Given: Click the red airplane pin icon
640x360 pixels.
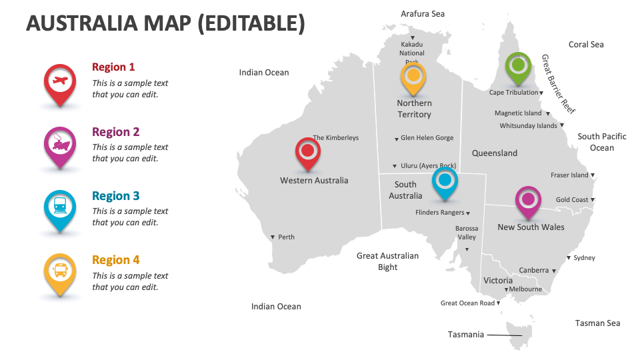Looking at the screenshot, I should coord(60,82).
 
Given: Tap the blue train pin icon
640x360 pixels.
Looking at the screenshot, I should coord(60,207).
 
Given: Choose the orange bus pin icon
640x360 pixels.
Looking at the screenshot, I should coord(60,271).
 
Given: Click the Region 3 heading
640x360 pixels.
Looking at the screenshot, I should coord(116,196).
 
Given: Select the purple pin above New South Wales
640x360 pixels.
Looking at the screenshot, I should coord(528,200).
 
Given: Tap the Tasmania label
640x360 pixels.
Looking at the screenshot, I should coord(465,335).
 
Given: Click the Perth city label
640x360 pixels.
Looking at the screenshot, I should coord(286,237).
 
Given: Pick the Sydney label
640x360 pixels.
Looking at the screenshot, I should coord(584,258).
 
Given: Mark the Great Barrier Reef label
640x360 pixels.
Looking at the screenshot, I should coord(558,84).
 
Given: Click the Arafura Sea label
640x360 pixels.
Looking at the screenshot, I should coord(423,13).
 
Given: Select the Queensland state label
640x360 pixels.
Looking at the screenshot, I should coord(495,153).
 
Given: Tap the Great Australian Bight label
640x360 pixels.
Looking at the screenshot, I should coord(387,261).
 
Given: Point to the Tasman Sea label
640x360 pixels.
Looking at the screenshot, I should coord(597,323).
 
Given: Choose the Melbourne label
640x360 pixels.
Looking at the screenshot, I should coord(525,289).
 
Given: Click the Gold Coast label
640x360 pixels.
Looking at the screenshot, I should coord(572,200).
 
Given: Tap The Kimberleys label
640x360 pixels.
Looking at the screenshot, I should coord(336,138).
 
